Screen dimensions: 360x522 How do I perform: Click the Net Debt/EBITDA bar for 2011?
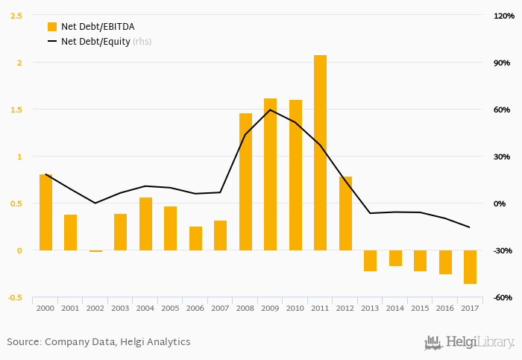click(320, 153)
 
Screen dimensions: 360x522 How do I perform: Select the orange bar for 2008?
click(245, 182)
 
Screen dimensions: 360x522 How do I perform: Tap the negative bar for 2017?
click(470, 267)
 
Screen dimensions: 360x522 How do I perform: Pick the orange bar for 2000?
click(45, 212)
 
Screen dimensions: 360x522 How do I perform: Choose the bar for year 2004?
click(145, 224)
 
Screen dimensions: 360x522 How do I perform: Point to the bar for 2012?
click(345, 213)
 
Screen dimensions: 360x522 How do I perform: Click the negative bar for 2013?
click(370, 261)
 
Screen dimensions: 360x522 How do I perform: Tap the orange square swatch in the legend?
click(51, 27)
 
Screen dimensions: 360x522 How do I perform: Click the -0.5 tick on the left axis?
click(14, 297)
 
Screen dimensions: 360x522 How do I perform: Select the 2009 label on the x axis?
click(270, 308)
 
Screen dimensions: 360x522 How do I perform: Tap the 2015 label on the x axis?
click(420, 308)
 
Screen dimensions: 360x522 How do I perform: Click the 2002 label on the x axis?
click(95, 308)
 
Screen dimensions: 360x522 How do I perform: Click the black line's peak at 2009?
click(270, 110)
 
